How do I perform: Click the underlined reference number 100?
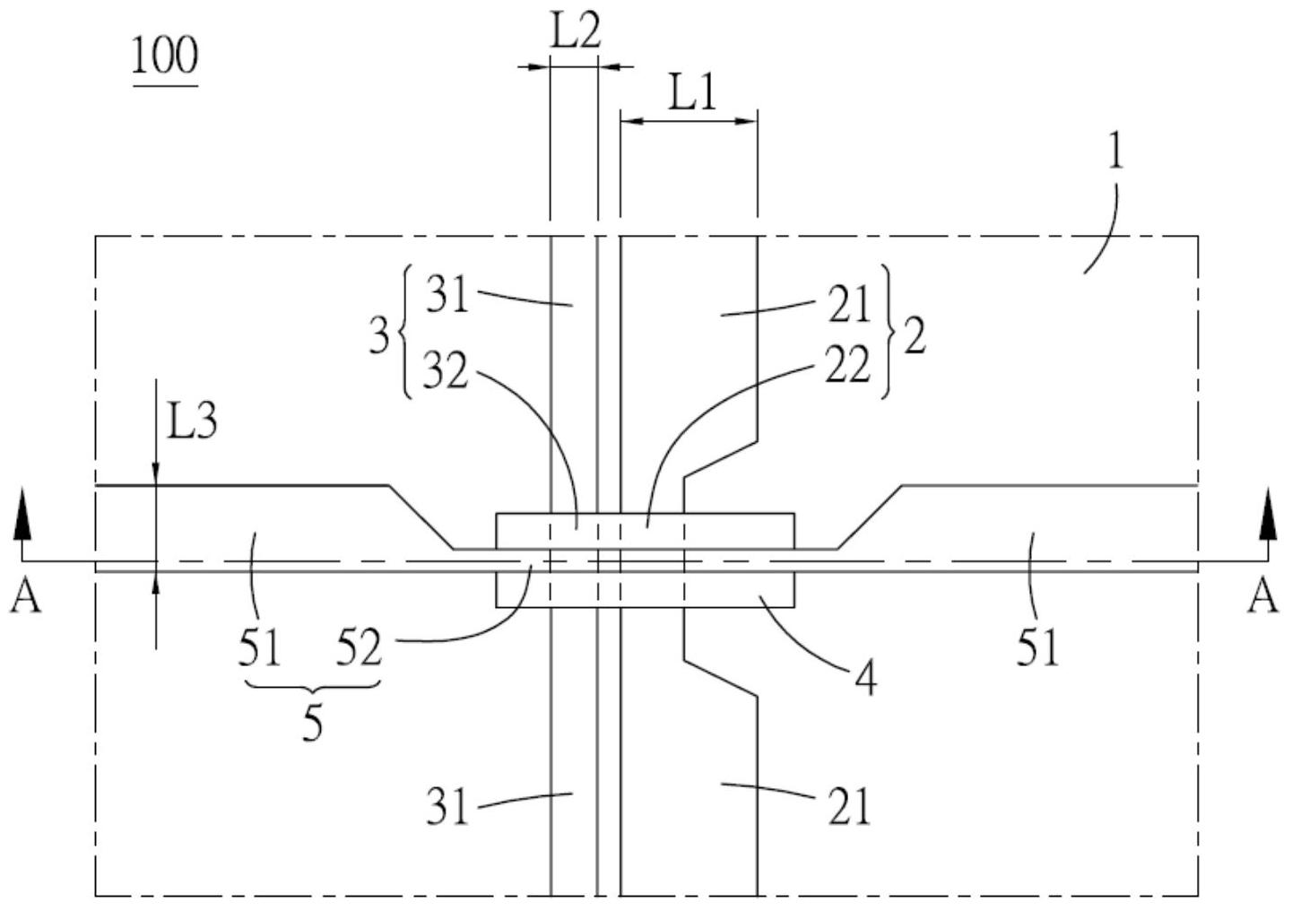[x=165, y=56]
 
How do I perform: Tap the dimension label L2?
[x=574, y=33]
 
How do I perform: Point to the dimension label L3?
[x=192, y=421]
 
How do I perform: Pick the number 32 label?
[x=446, y=370]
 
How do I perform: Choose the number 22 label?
[x=847, y=365]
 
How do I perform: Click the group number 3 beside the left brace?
[x=380, y=336]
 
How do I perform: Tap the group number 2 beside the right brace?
[x=915, y=338]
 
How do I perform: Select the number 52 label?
[x=359, y=646]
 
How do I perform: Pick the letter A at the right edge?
[x=1263, y=596]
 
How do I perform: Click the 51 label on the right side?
[x=1038, y=646]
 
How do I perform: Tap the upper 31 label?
[x=447, y=294]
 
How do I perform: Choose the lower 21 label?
[x=848, y=808]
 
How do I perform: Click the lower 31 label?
[x=447, y=808]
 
